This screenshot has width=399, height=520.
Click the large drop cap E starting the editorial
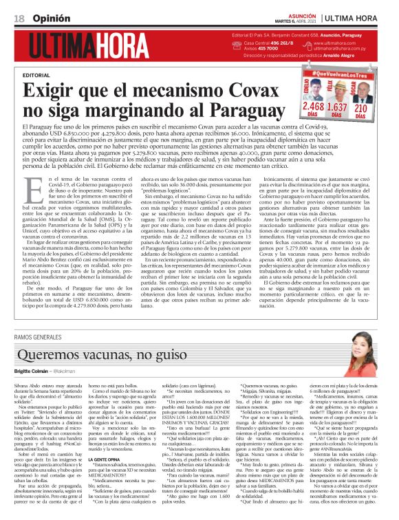coord(31,190)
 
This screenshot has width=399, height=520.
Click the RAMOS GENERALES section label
coord(48,336)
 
